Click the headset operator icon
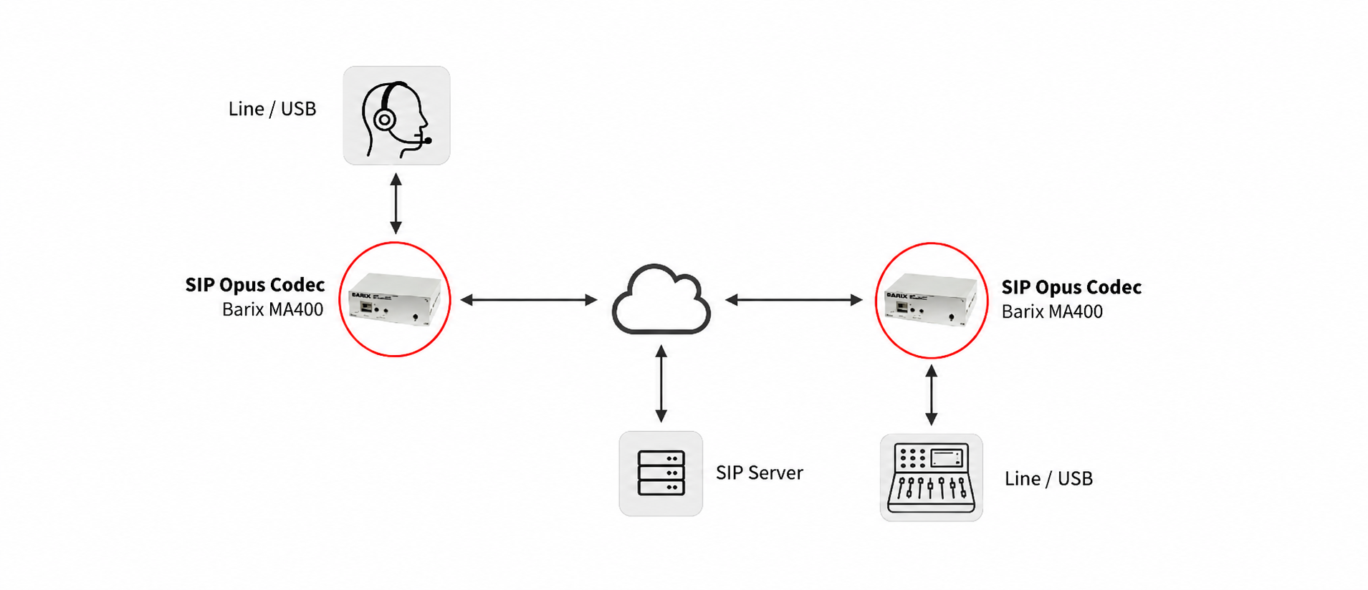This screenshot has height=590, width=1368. (x=396, y=119)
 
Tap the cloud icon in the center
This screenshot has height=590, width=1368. (x=661, y=300)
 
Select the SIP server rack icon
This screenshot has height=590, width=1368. (x=661, y=473)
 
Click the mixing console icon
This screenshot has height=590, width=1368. (x=931, y=478)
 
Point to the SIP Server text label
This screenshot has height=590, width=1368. (x=760, y=473)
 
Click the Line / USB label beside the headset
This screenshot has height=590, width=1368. (x=272, y=109)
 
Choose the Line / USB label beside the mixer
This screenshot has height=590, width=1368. (x=1048, y=478)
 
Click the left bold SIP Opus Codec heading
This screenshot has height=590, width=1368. (x=255, y=285)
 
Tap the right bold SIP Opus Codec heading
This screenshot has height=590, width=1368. (x=1071, y=287)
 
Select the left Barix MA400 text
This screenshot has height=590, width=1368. (x=272, y=309)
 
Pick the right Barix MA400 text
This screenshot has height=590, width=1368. (x=1052, y=311)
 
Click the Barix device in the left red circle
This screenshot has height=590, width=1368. (x=395, y=299)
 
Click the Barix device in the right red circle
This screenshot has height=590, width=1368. (x=931, y=300)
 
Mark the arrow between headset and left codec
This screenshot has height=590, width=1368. (x=396, y=203)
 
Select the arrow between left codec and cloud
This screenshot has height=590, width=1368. (x=529, y=300)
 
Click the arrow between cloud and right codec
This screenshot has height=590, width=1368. (x=794, y=300)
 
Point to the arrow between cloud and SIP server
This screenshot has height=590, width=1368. (x=661, y=384)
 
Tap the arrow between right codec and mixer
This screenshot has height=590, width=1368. (x=931, y=395)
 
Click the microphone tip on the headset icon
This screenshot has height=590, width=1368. (x=428, y=141)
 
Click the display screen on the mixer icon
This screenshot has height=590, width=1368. (x=947, y=457)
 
